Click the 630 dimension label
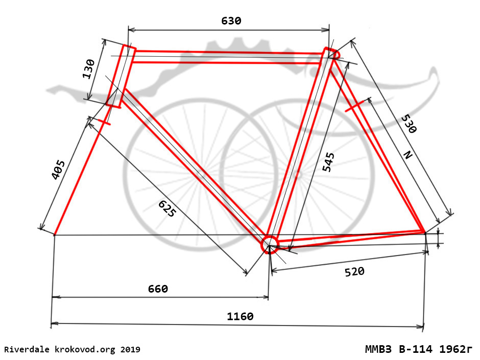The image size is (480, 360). (231, 21)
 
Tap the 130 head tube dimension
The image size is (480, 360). (88, 69)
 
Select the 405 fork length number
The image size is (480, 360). (58, 170)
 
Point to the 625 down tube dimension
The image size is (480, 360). (167, 208)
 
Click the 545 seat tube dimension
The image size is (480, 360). (328, 162)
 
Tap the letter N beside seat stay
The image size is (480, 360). (408, 155)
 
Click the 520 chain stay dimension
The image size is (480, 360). (354, 272)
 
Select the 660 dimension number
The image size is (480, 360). (158, 289)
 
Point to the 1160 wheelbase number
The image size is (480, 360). (241, 316)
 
